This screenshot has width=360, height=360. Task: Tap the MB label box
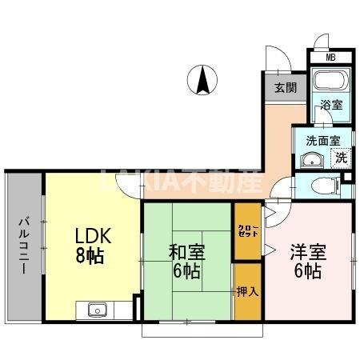coord(330,58)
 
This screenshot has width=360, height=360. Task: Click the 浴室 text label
coord(330,106)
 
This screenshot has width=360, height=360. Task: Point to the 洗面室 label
coord(322,140)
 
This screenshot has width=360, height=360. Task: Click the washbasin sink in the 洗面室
coord(309,160)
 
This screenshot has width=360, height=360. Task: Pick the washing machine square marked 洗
coord(341,158)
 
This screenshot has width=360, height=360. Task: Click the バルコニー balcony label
coord(24,246)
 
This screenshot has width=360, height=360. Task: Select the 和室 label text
coord(186,251)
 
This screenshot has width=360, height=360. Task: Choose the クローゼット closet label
coord(247,231)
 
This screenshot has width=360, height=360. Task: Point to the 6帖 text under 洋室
coord(307,271)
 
